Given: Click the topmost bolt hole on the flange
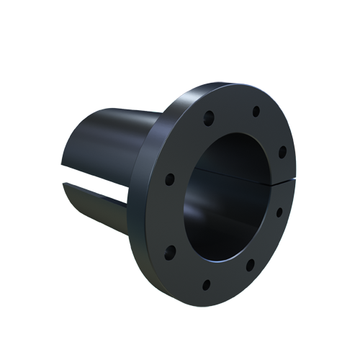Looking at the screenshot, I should [x=254, y=111].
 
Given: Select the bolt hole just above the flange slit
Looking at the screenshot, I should [x=282, y=151].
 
